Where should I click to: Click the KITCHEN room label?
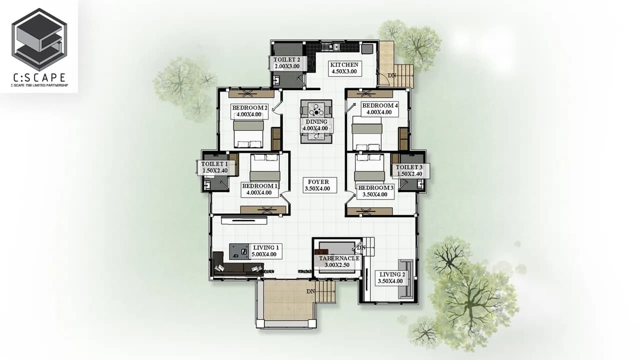tap(344, 68)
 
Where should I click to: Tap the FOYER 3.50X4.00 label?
tap(319, 185)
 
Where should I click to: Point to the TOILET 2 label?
tap(287, 63)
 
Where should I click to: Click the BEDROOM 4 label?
tap(379, 109)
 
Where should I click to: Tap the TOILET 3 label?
tap(409, 170)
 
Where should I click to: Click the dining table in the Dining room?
tap(316, 121)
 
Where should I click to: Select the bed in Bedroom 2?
tap(248, 133)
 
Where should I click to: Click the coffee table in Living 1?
tap(239, 251)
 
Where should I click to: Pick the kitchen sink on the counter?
tap(330, 46)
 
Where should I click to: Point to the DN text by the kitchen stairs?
tap(392, 75)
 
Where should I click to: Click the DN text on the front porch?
tap(310, 291)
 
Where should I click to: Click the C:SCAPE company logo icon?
tap(39, 39)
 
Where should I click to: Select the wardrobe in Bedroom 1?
tap(263, 210)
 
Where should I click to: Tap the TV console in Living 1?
tap(244, 220)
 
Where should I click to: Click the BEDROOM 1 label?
tap(259, 189)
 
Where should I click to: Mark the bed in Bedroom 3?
tap(369, 167)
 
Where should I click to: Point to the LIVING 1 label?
tap(265, 251)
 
